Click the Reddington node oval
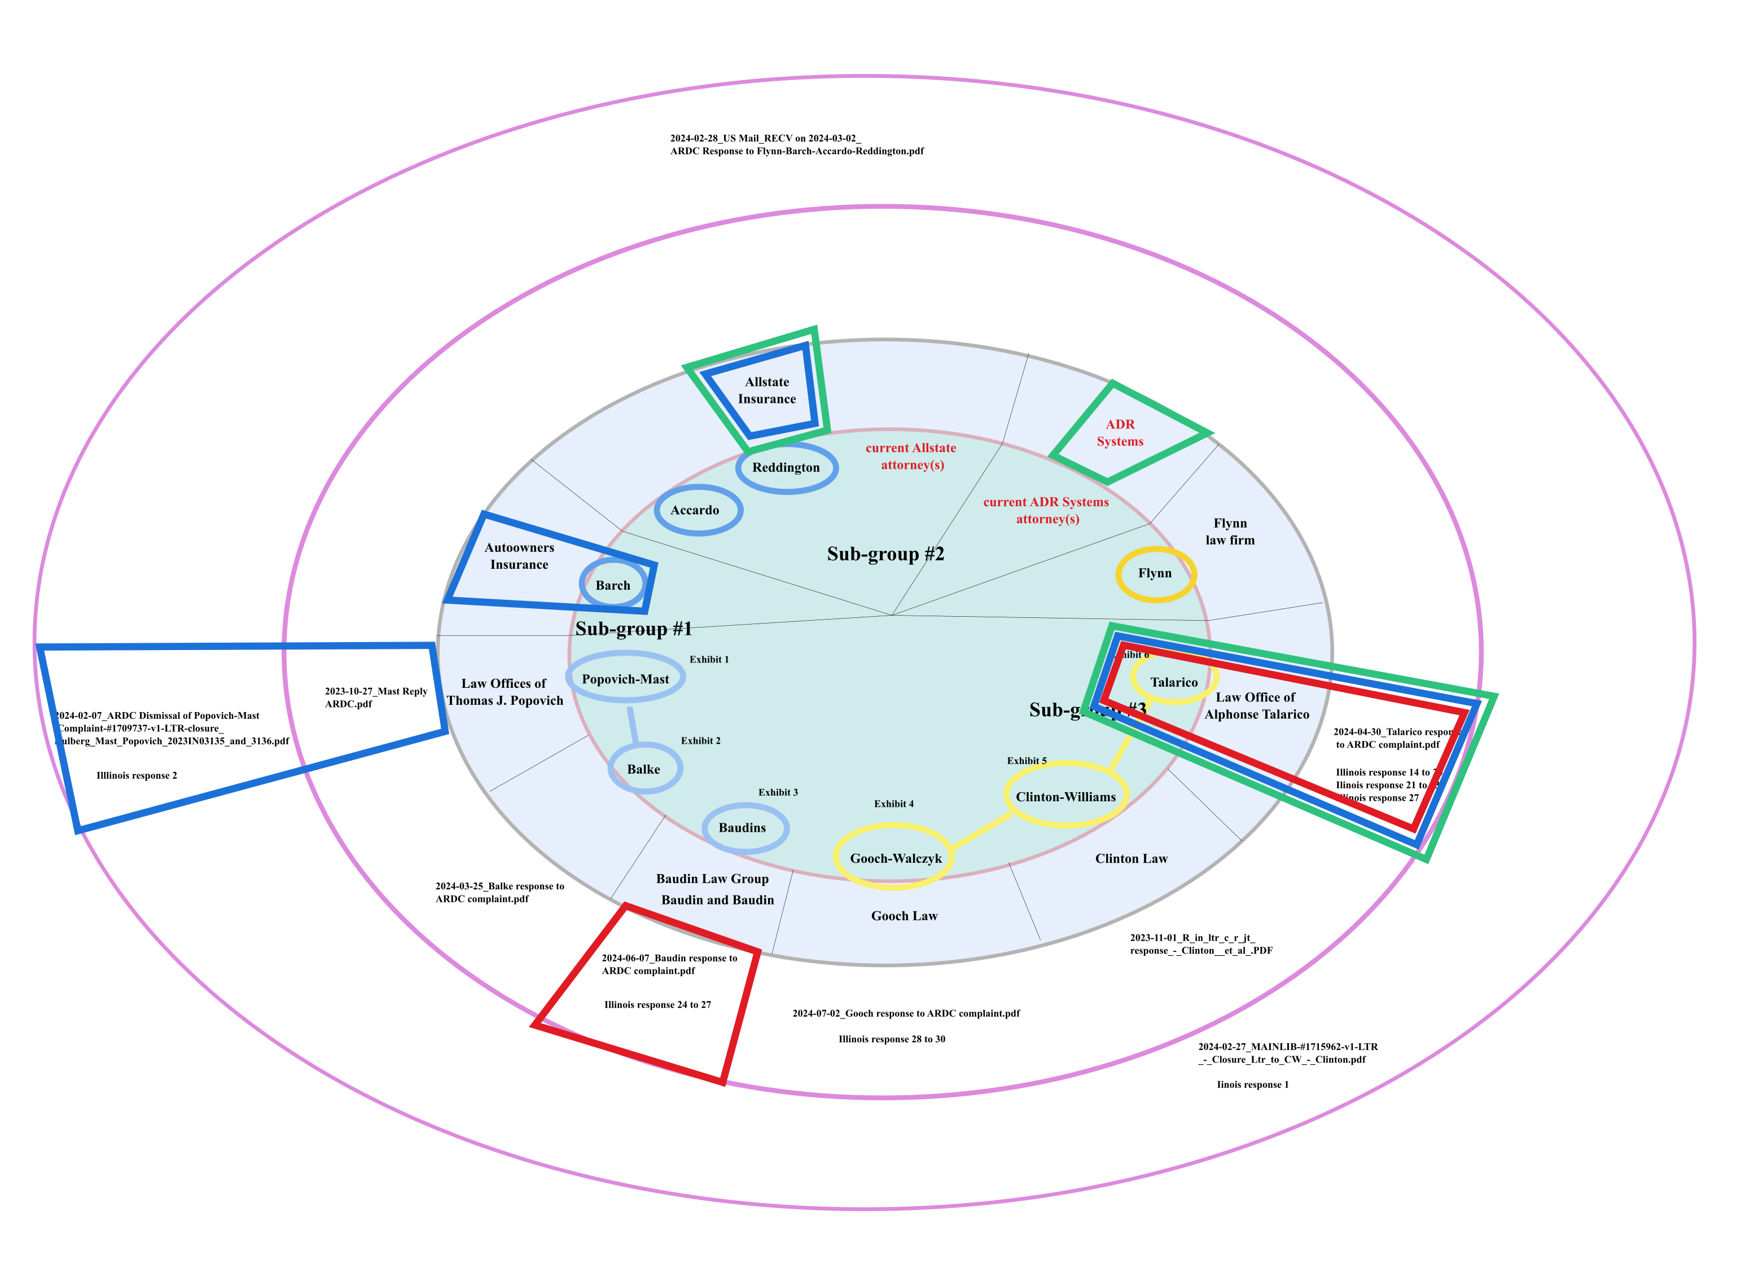786,468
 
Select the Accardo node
698,510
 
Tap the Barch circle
613,585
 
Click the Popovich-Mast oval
625,678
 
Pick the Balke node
644,769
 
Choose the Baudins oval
744,828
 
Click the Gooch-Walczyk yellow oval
895,858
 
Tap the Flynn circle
1155,573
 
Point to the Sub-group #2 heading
885,554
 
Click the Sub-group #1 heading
634,629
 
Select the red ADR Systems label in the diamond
1120,433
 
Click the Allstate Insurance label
767,390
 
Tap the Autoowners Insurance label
519,556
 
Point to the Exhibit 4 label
893,804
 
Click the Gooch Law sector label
904,915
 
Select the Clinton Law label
1130,858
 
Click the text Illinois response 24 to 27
657,1005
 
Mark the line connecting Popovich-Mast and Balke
633,725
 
